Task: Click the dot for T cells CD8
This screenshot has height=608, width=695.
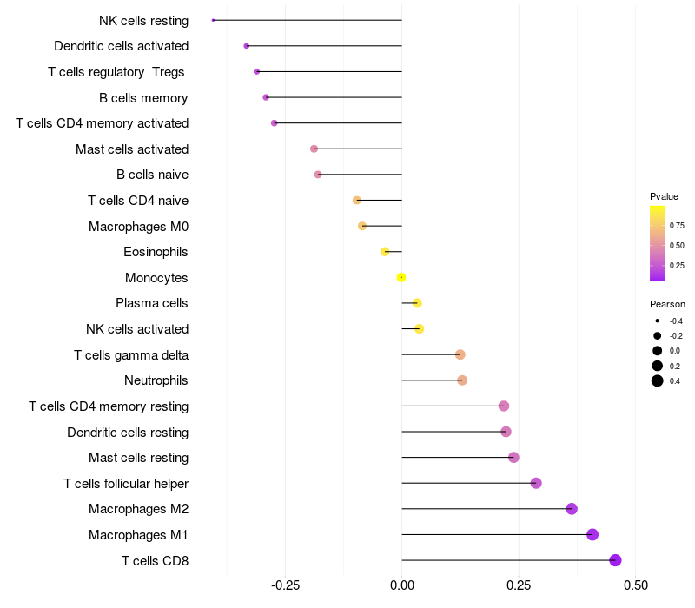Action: [x=615, y=560]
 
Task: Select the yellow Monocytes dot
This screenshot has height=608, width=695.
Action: [x=401, y=277]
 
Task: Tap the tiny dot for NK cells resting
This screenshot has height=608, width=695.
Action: [x=213, y=20]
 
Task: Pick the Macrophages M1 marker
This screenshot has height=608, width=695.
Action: [x=592, y=534]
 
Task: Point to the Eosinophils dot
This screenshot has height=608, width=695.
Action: [x=385, y=252]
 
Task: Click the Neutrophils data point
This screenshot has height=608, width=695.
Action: [x=462, y=380]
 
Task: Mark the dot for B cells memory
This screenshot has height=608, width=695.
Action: [x=266, y=97]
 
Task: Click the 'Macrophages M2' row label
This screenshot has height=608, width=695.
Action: [x=138, y=509]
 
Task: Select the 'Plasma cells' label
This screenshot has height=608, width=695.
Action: [x=151, y=303]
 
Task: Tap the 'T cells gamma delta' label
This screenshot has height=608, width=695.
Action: [x=131, y=355]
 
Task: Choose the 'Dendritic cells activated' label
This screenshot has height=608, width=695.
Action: [x=121, y=46]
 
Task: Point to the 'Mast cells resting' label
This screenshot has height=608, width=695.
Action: [x=138, y=458]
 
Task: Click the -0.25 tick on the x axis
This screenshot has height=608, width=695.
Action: [x=285, y=585]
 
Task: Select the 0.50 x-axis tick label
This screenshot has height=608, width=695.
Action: [x=636, y=585]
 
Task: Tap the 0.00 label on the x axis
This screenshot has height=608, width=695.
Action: [x=402, y=585]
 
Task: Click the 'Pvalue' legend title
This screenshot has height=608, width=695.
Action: [x=664, y=196]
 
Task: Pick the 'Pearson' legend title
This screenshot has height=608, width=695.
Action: [x=667, y=304]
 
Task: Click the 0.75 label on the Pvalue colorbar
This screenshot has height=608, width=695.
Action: [x=677, y=226]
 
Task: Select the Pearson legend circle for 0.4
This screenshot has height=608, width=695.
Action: [x=658, y=380]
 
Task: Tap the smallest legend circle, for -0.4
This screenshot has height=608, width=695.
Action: [x=658, y=321]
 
